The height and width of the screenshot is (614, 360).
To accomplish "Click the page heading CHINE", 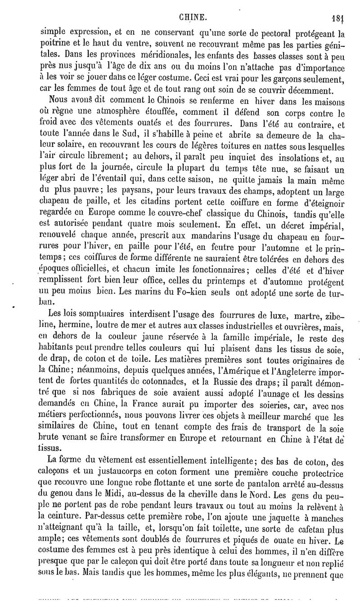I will point(193,18).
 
